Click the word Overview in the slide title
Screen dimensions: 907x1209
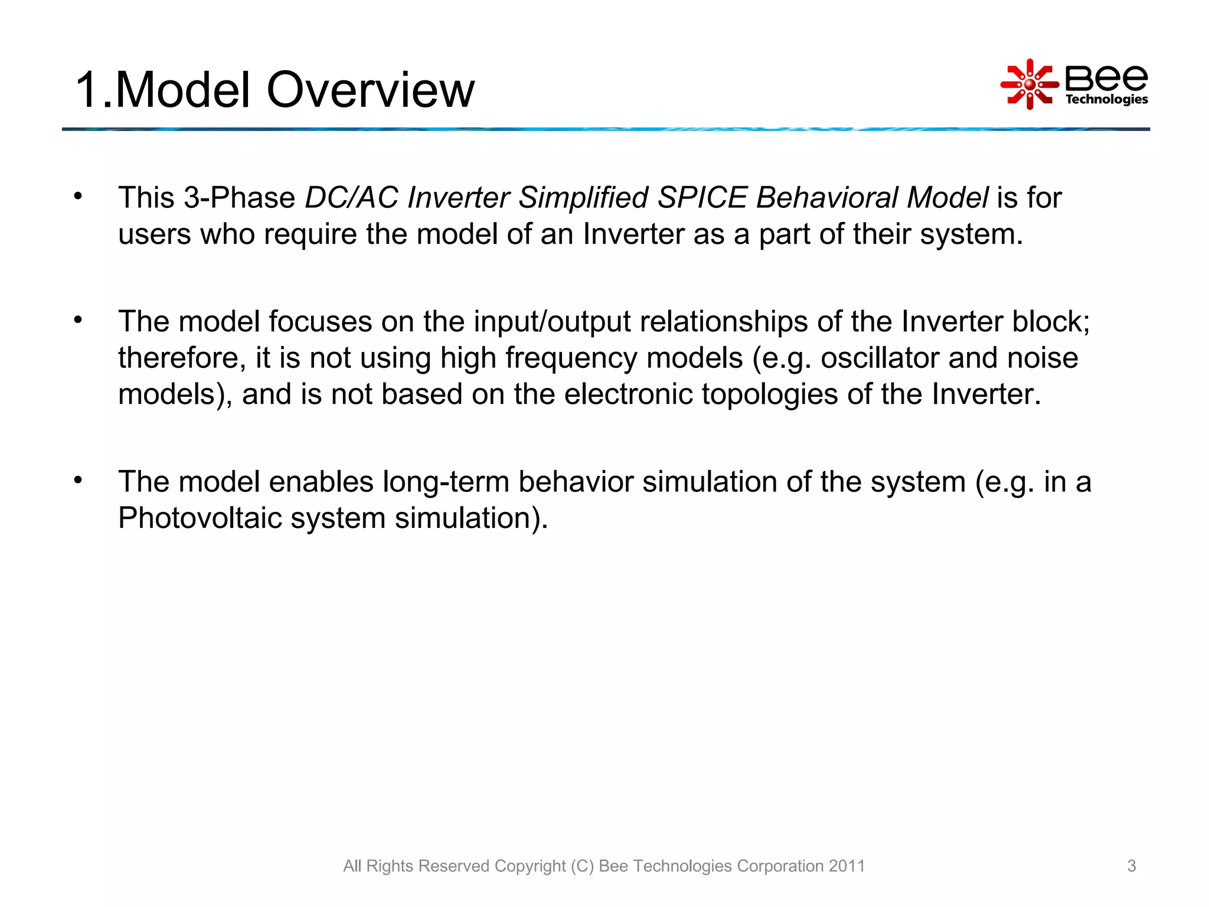(x=370, y=90)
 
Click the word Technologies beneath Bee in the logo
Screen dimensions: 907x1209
(x=1106, y=99)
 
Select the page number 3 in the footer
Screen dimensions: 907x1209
(x=1131, y=866)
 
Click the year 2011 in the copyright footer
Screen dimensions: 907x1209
(x=847, y=866)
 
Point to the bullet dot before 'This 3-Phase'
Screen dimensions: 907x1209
(x=78, y=196)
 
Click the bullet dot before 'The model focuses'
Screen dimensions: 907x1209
(x=78, y=320)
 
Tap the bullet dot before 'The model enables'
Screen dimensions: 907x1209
(x=78, y=480)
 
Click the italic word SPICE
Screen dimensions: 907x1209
(x=702, y=197)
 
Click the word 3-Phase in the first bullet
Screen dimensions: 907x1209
(x=239, y=197)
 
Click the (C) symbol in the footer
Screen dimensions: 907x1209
(x=582, y=866)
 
